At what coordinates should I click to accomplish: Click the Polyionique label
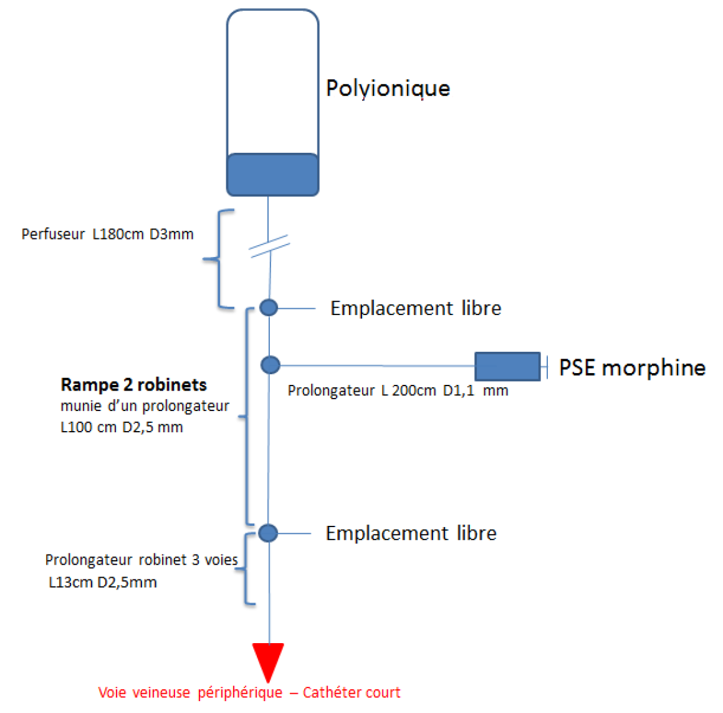point(388,88)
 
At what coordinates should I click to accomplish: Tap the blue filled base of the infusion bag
point(272,175)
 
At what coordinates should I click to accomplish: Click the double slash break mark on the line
point(269,246)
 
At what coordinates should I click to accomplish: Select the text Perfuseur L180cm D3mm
point(107,235)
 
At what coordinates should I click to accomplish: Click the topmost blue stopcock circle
point(269,308)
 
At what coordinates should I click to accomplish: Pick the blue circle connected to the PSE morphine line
point(270,365)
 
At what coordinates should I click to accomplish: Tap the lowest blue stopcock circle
point(268,533)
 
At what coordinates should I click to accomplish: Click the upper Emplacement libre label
point(415,308)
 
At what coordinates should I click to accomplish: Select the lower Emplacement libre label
point(411,533)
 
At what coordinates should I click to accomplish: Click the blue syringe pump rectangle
point(507,366)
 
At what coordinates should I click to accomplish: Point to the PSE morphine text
point(632,367)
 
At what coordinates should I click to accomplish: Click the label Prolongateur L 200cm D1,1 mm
point(398,391)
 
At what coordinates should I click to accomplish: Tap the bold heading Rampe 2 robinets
point(133,385)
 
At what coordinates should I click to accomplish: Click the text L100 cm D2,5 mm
point(122,427)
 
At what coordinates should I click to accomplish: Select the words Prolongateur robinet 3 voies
point(141,560)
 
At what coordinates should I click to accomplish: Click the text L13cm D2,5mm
point(103,583)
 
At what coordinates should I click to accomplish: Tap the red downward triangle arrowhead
point(268,660)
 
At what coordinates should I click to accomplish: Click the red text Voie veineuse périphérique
point(190,692)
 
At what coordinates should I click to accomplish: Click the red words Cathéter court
point(352,692)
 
